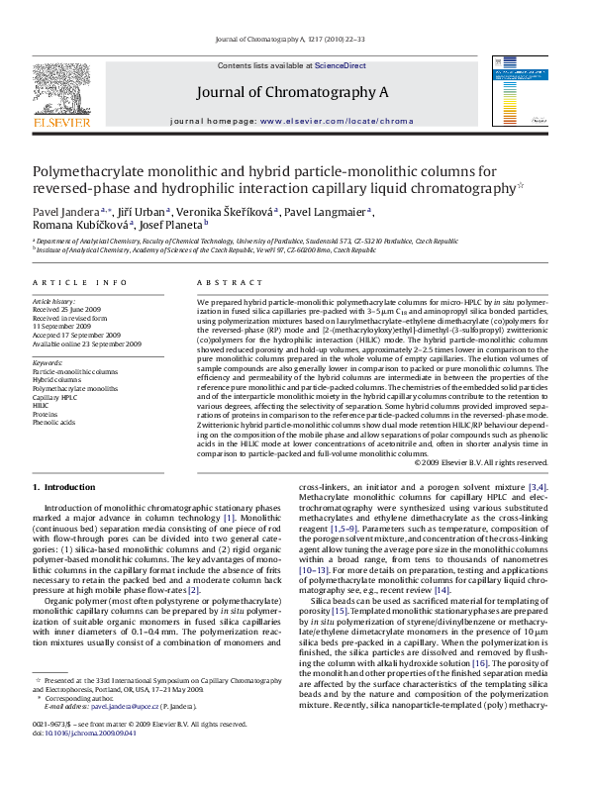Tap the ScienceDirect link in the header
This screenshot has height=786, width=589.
[x=340, y=65]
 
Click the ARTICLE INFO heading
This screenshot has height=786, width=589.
[x=79, y=283]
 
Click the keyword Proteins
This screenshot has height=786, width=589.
[x=47, y=414]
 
